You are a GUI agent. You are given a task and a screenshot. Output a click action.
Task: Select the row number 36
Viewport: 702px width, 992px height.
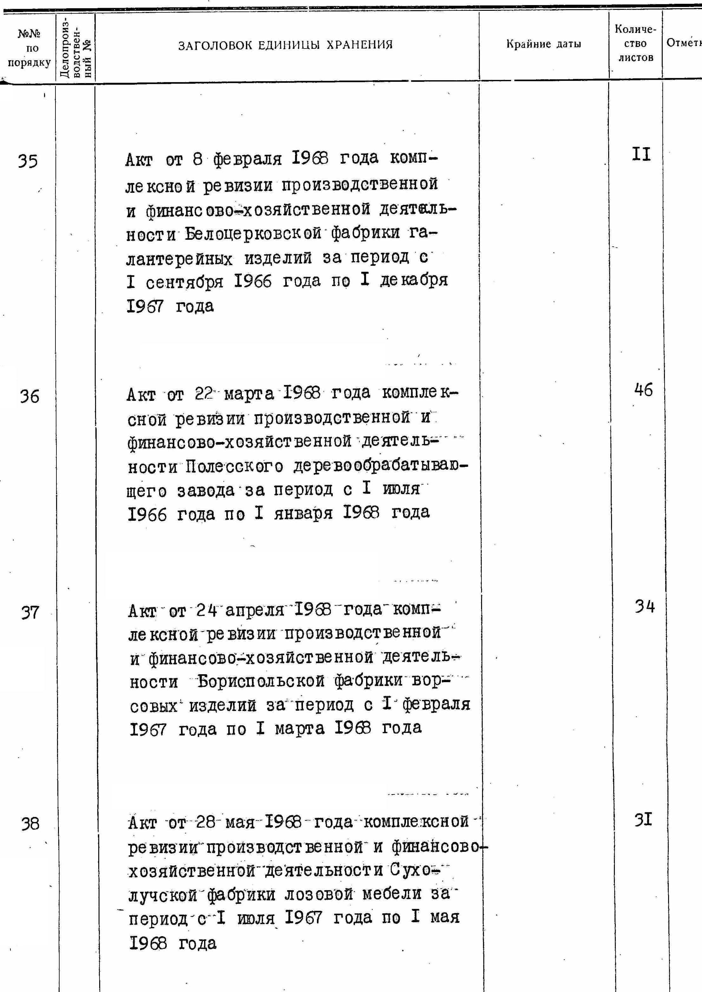tap(29, 396)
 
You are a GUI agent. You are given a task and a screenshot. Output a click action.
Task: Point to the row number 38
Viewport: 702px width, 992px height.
tap(30, 824)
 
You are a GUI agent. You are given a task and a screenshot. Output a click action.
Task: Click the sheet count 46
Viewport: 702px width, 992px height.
tap(644, 390)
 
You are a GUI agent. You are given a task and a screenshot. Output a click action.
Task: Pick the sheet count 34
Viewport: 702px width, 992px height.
tap(645, 607)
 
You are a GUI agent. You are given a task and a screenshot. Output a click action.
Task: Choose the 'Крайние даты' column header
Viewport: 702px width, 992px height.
tap(544, 44)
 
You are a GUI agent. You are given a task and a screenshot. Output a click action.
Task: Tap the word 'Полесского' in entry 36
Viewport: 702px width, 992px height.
tap(235, 467)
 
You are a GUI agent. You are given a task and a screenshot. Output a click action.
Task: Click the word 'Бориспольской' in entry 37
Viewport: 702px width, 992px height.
tap(261, 682)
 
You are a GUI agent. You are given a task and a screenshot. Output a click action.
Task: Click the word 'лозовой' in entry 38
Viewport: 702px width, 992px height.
tap(320, 893)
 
